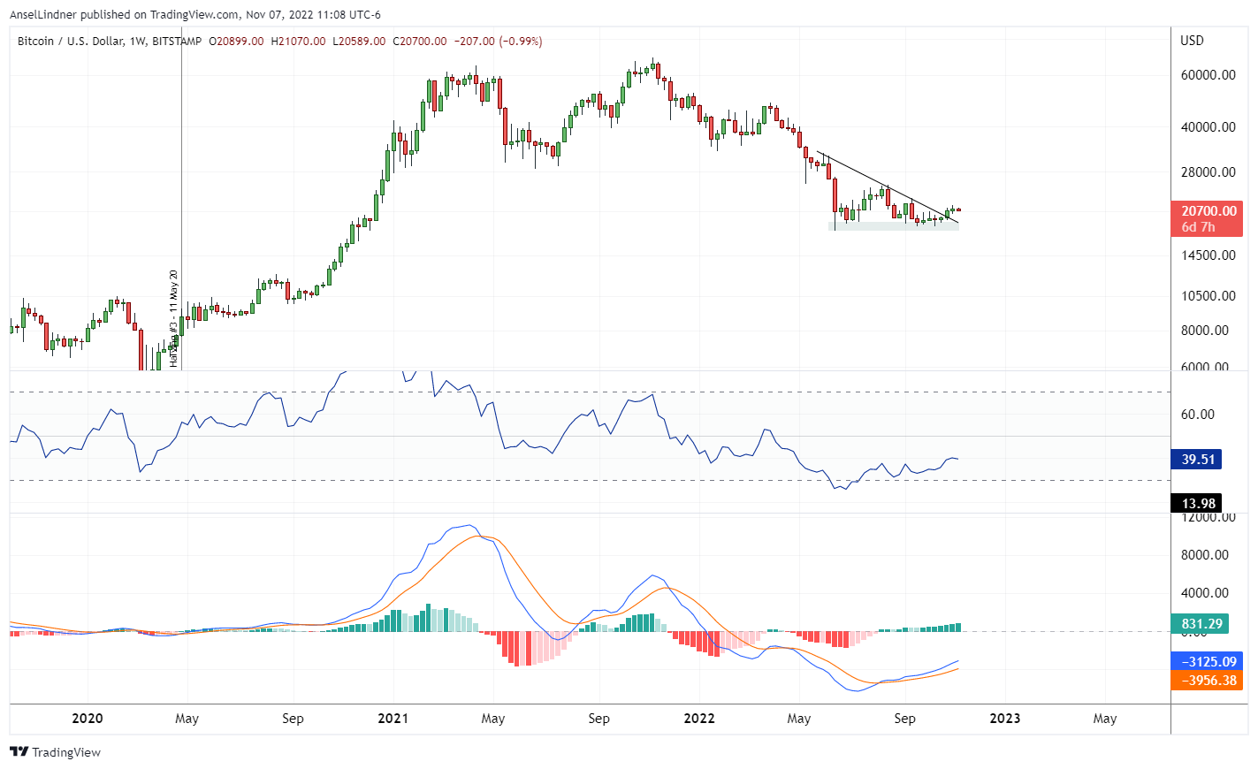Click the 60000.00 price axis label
tap(1208, 75)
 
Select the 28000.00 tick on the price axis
tap(1208, 172)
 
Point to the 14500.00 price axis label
tap(1208, 255)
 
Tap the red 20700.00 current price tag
tap(1208, 211)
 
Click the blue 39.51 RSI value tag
tap(1198, 460)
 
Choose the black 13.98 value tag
tap(1198, 504)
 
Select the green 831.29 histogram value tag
tap(1201, 624)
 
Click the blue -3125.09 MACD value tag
tap(1206, 661)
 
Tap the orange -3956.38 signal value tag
tap(1206, 681)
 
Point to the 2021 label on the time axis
tap(393, 719)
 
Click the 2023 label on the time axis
tap(1004, 719)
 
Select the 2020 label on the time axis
tap(87, 719)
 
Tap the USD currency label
tap(1192, 41)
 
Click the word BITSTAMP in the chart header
tap(177, 42)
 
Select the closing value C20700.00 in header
tap(420, 42)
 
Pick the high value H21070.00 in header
tap(298, 42)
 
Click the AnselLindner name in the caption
tap(43, 15)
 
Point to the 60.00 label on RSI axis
tap(1197, 415)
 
